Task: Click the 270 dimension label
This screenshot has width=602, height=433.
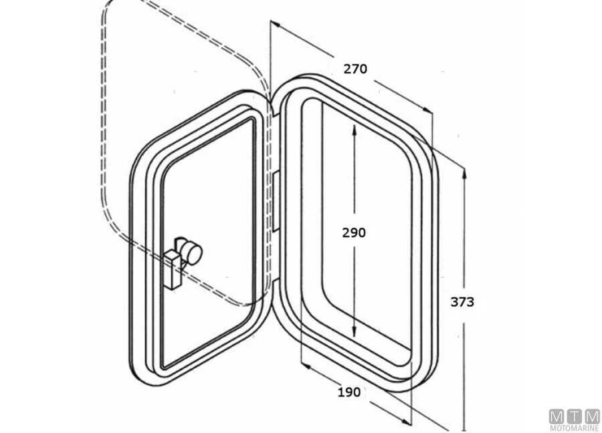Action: tap(355, 68)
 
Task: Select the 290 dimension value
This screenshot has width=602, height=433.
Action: tap(354, 233)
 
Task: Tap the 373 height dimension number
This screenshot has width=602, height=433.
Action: tap(462, 301)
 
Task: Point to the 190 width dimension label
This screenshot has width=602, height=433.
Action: tap(348, 392)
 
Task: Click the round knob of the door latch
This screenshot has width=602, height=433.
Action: tap(193, 252)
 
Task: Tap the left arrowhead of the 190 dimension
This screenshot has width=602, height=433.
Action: tap(304, 366)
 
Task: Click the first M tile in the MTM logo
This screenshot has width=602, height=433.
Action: tap(557, 416)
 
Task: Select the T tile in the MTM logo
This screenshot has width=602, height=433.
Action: tap(575, 416)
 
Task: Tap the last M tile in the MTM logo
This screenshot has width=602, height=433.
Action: tap(592, 416)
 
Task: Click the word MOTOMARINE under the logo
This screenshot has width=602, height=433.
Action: tap(574, 428)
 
